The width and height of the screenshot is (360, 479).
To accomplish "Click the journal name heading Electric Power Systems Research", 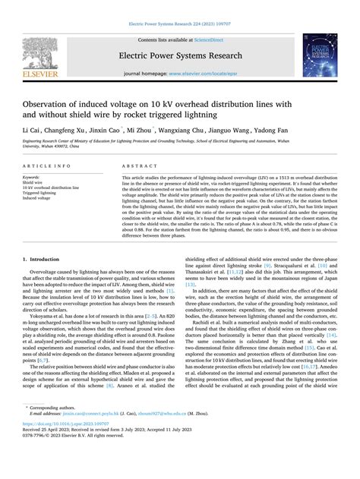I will coord(179,56).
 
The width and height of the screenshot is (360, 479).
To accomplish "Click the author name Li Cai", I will coord(32,131).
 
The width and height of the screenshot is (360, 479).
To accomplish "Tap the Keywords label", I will coord(32,178).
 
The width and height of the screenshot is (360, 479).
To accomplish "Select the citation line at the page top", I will coord(179,24).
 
